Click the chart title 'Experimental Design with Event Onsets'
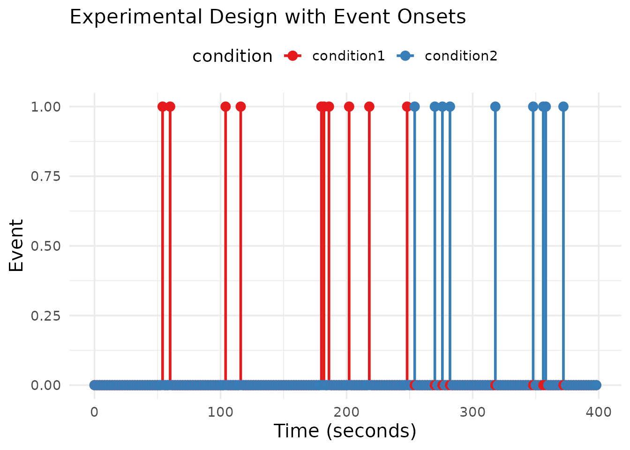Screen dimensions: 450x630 (268, 17)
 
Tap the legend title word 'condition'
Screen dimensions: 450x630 (232, 56)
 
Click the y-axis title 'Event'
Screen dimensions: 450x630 (16, 245)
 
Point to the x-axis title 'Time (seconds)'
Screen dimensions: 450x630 (345, 431)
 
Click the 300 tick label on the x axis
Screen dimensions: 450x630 (472, 412)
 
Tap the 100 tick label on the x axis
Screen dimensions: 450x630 (220, 412)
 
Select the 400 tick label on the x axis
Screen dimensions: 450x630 (599, 412)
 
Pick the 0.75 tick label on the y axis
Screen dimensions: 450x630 (46, 176)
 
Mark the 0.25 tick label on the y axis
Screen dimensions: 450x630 (46, 315)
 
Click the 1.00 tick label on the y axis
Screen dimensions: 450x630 (46, 107)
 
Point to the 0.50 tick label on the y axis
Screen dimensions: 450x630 (46, 246)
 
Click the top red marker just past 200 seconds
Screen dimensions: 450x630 (349, 106)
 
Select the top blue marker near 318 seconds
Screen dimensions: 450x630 (495, 106)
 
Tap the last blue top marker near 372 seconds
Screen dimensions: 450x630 (563, 106)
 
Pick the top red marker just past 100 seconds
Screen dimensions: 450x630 (225, 106)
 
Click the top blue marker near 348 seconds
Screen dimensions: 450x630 (533, 106)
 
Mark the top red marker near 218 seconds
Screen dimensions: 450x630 (369, 106)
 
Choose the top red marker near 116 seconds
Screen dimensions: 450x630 (240, 106)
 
